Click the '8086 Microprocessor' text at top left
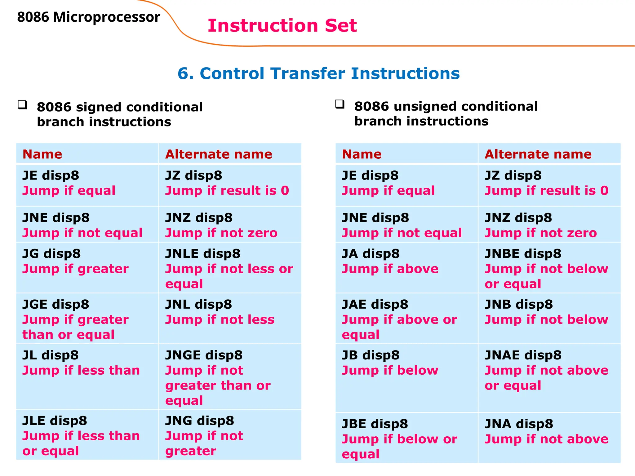click(88, 17)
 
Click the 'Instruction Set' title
click(282, 25)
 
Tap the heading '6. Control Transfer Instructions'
click(318, 73)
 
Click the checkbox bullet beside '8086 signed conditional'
click(22, 105)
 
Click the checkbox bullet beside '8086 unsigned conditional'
click(340, 104)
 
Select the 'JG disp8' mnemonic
click(51, 254)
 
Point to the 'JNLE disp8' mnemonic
click(203, 254)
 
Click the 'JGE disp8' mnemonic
click(56, 304)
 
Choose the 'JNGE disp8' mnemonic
click(204, 355)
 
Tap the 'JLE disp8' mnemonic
click(55, 421)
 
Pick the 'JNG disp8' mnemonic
click(199, 421)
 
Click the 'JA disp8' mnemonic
click(371, 254)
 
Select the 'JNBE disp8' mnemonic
click(523, 254)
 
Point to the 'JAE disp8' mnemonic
click(375, 304)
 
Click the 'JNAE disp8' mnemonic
click(523, 355)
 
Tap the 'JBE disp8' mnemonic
click(375, 424)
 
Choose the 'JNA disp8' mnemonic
click(519, 424)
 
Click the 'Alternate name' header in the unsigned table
click(538, 154)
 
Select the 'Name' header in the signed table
click(42, 154)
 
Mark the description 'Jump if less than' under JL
click(81, 370)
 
